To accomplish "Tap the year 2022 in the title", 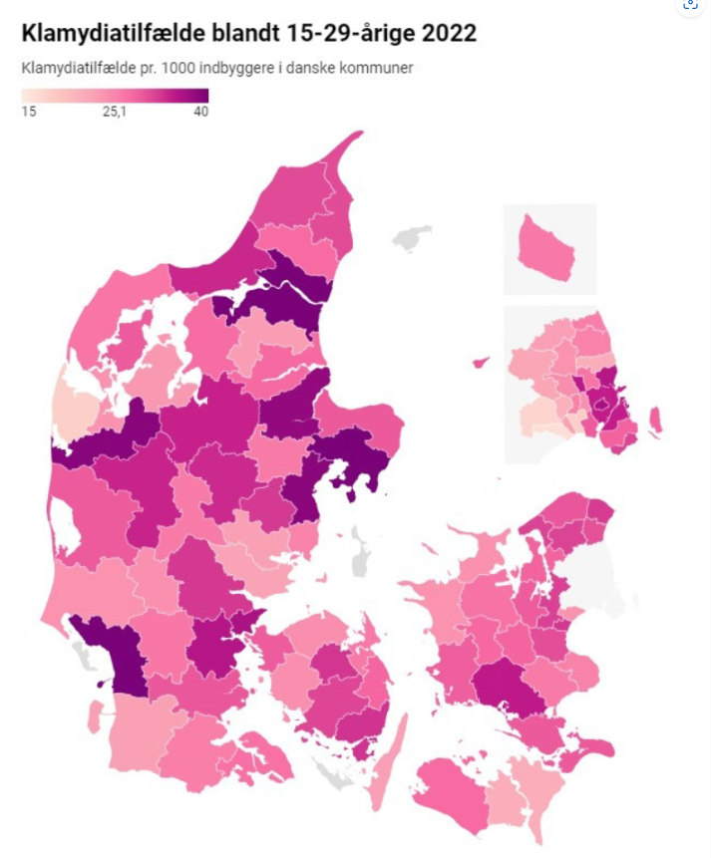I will click(448, 33).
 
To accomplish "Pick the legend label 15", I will click(29, 112).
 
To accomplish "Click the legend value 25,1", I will click(114, 112).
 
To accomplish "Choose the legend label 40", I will click(200, 112).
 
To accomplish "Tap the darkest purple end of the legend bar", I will click(201, 96).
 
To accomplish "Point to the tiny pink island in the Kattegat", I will click(481, 362).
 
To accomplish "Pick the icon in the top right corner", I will click(690, 5).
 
